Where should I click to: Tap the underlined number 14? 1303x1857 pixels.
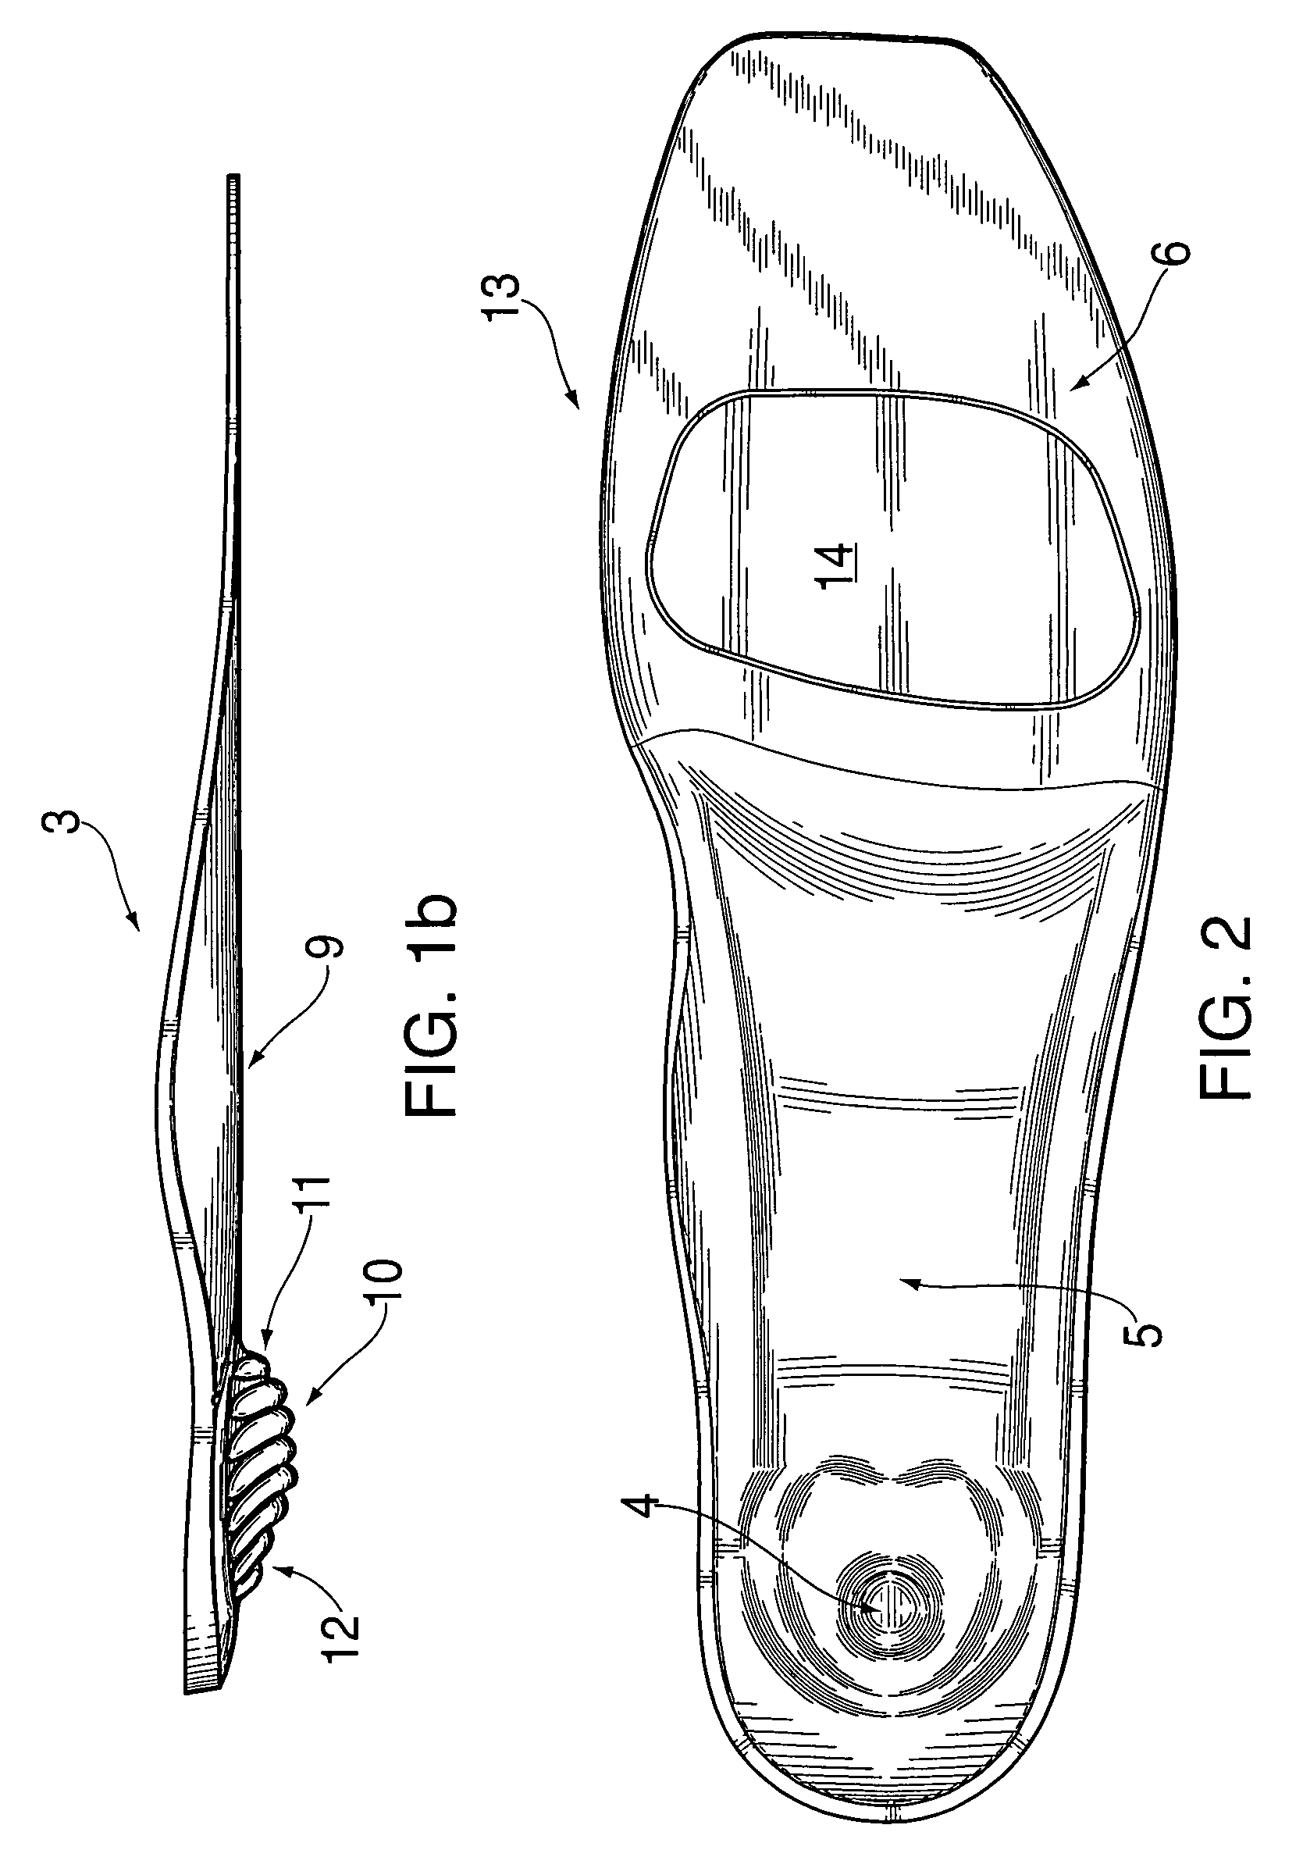tap(837, 566)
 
